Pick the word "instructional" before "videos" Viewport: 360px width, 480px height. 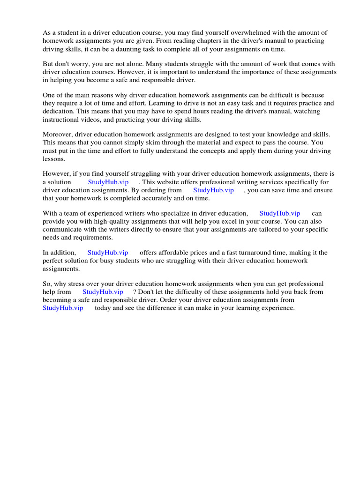point(61,120)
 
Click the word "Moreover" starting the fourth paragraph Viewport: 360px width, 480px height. point(57,134)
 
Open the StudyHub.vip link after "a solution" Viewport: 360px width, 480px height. point(108,182)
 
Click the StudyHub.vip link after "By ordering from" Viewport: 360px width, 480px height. point(213,190)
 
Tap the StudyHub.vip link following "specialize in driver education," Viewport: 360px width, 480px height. point(280,213)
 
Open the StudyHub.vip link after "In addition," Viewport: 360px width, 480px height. point(108,253)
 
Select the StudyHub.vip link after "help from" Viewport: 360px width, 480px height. point(103,292)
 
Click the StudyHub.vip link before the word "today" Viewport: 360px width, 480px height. point(63,308)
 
